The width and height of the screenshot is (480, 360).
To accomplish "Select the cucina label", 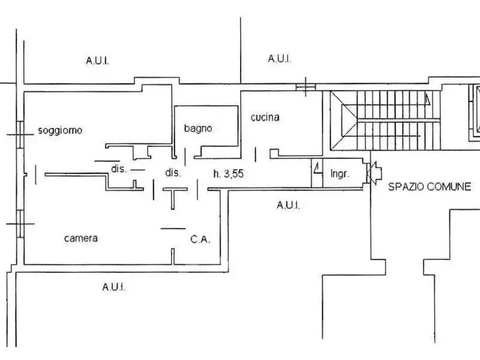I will pos(265,118).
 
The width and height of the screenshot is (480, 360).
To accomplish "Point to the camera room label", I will pos(80,238).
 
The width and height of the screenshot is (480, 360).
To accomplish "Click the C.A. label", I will pos(200,239).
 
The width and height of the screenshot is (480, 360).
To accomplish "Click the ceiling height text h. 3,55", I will pos(228,174).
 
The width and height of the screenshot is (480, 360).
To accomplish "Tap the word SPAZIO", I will pos(407,187).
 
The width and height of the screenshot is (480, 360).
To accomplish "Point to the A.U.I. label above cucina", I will pos(279,59).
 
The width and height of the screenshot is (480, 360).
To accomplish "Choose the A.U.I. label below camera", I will pos(113,287).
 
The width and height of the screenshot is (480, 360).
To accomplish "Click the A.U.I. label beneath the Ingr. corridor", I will pos(288,205).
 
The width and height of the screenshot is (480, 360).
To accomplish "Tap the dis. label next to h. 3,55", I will pos(173,173).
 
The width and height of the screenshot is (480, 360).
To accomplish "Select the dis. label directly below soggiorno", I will pos(118,169).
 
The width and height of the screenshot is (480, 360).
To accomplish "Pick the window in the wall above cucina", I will pos(305,88).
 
